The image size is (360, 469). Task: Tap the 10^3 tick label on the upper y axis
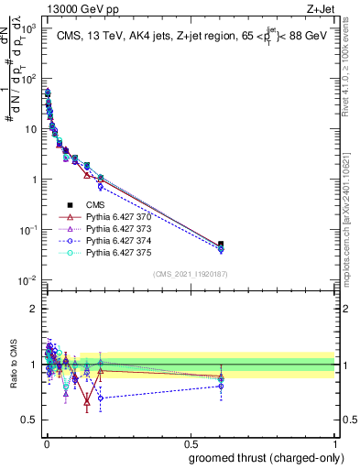click(x=28, y=29)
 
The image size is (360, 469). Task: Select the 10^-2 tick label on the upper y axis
click(x=28, y=279)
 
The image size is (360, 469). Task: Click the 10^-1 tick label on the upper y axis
click(x=28, y=230)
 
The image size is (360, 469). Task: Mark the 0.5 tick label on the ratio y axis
click(x=29, y=420)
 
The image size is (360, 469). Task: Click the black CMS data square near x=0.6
click(x=221, y=245)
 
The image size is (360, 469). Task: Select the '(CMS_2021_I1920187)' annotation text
click(x=190, y=274)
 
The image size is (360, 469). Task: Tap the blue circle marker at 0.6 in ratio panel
click(x=221, y=387)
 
